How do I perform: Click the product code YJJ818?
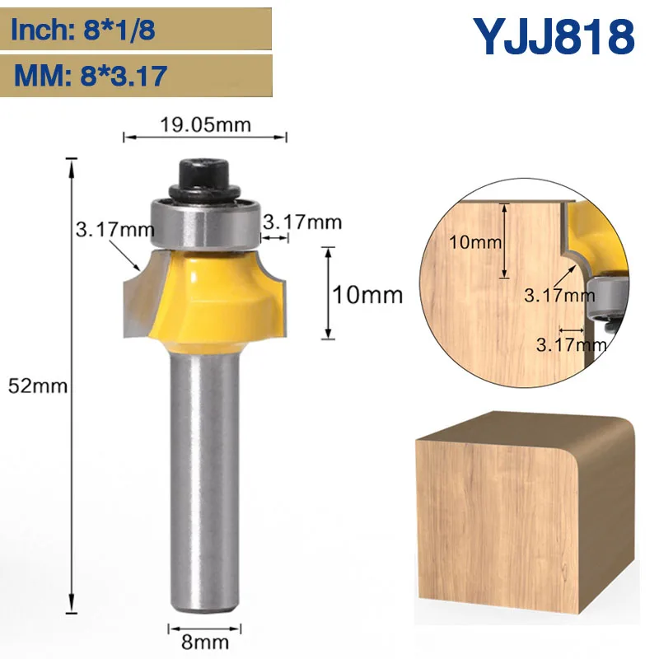(x=554, y=37)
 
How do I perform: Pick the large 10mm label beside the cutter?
(x=367, y=293)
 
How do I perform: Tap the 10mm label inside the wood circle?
(x=476, y=243)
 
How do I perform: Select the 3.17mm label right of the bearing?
(x=302, y=222)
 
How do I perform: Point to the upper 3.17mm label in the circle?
(x=558, y=293)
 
